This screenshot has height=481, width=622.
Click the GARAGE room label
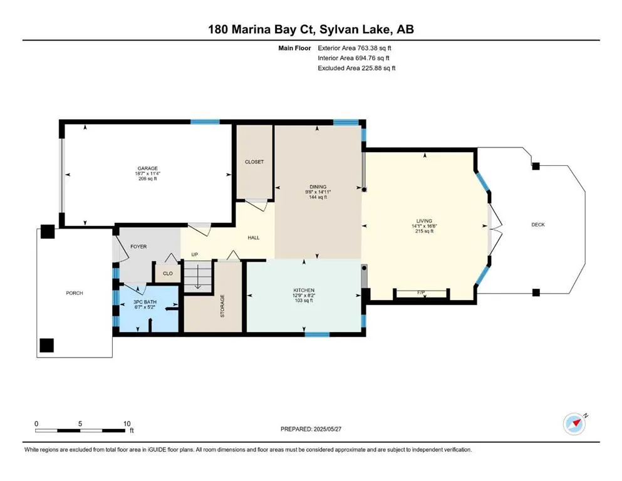coord(148,168)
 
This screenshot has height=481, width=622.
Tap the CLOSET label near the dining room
coord(254,162)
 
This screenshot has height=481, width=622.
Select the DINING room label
coord(318,187)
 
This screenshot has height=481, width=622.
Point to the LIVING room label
coord(424,221)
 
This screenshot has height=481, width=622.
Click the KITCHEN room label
coord(304,290)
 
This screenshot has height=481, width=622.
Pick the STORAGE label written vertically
coord(222,306)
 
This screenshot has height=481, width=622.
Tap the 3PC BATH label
coord(145,302)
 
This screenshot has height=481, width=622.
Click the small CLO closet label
coord(168,273)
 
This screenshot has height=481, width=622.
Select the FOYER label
coord(138,247)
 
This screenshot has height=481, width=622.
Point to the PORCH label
coord(75,293)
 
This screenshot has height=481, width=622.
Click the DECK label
coord(538,224)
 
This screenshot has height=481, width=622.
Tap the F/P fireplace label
coord(421,292)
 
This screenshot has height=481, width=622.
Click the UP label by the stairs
coord(194,254)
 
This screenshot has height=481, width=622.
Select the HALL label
coord(254,237)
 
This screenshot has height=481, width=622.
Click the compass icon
coord(574,424)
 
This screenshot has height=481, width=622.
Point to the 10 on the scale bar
coord(127,423)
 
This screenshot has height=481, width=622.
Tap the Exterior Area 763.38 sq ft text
coord(355,48)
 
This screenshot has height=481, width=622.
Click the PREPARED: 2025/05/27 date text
coord(311,429)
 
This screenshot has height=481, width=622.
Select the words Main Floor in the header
coord(294,48)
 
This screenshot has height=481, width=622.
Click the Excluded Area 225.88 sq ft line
coord(356,68)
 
